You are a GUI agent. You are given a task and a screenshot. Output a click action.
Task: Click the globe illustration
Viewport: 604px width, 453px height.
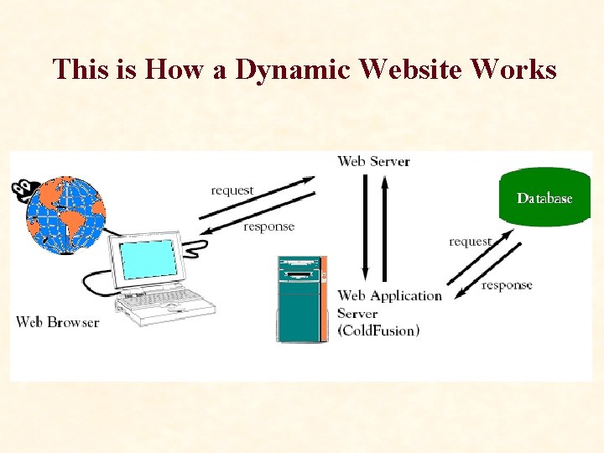(x=67, y=216)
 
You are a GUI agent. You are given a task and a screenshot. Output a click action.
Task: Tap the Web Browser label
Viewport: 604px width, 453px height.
(x=57, y=322)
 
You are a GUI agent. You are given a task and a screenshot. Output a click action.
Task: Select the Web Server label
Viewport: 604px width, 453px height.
(x=373, y=161)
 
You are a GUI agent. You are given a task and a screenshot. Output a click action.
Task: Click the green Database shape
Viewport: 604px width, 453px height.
(x=544, y=198)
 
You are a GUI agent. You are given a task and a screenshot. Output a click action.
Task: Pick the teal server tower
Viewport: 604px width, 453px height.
(x=300, y=299)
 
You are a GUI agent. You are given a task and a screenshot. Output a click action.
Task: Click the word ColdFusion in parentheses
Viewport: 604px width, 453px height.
(x=378, y=331)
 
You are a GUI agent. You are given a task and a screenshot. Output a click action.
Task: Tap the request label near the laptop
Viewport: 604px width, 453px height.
(x=232, y=190)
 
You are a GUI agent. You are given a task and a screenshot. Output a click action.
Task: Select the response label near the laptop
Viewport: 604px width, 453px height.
(x=268, y=226)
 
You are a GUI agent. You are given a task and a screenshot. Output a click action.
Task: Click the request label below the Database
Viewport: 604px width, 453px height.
(x=470, y=242)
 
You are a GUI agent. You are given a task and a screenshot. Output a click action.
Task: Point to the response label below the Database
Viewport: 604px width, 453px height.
(x=507, y=285)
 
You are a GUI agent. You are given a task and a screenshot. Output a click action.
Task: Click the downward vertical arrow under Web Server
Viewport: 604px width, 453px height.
(x=366, y=226)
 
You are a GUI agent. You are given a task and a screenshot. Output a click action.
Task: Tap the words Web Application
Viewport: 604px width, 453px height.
(x=389, y=295)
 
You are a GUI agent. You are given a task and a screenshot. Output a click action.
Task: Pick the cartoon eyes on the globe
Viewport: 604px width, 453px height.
(x=23, y=186)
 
